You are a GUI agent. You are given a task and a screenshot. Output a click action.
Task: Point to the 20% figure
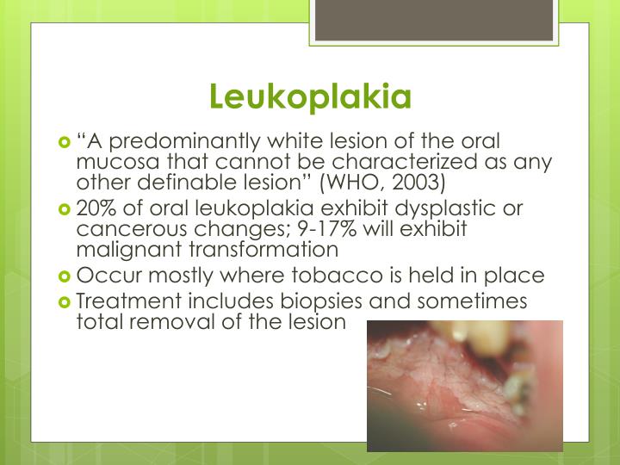pyautogui.click(x=95, y=209)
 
